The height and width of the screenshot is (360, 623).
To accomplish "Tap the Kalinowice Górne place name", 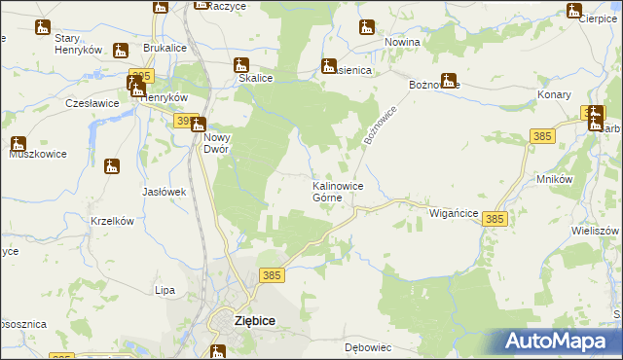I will [338, 191].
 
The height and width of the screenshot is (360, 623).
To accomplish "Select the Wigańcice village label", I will [452, 211].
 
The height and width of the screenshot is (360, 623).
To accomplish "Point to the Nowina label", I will [401, 43].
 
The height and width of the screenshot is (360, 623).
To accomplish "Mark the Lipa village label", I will [165, 290].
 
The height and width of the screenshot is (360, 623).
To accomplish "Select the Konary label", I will [555, 95].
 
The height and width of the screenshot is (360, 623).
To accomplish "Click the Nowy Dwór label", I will [215, 144].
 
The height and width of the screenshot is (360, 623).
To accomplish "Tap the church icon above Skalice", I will [241, 66].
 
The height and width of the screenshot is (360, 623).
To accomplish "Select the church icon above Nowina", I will [365, 26].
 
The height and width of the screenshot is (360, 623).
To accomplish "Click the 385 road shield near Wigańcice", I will [495, 221].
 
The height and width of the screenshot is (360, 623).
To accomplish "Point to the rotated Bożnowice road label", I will [383, 125].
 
